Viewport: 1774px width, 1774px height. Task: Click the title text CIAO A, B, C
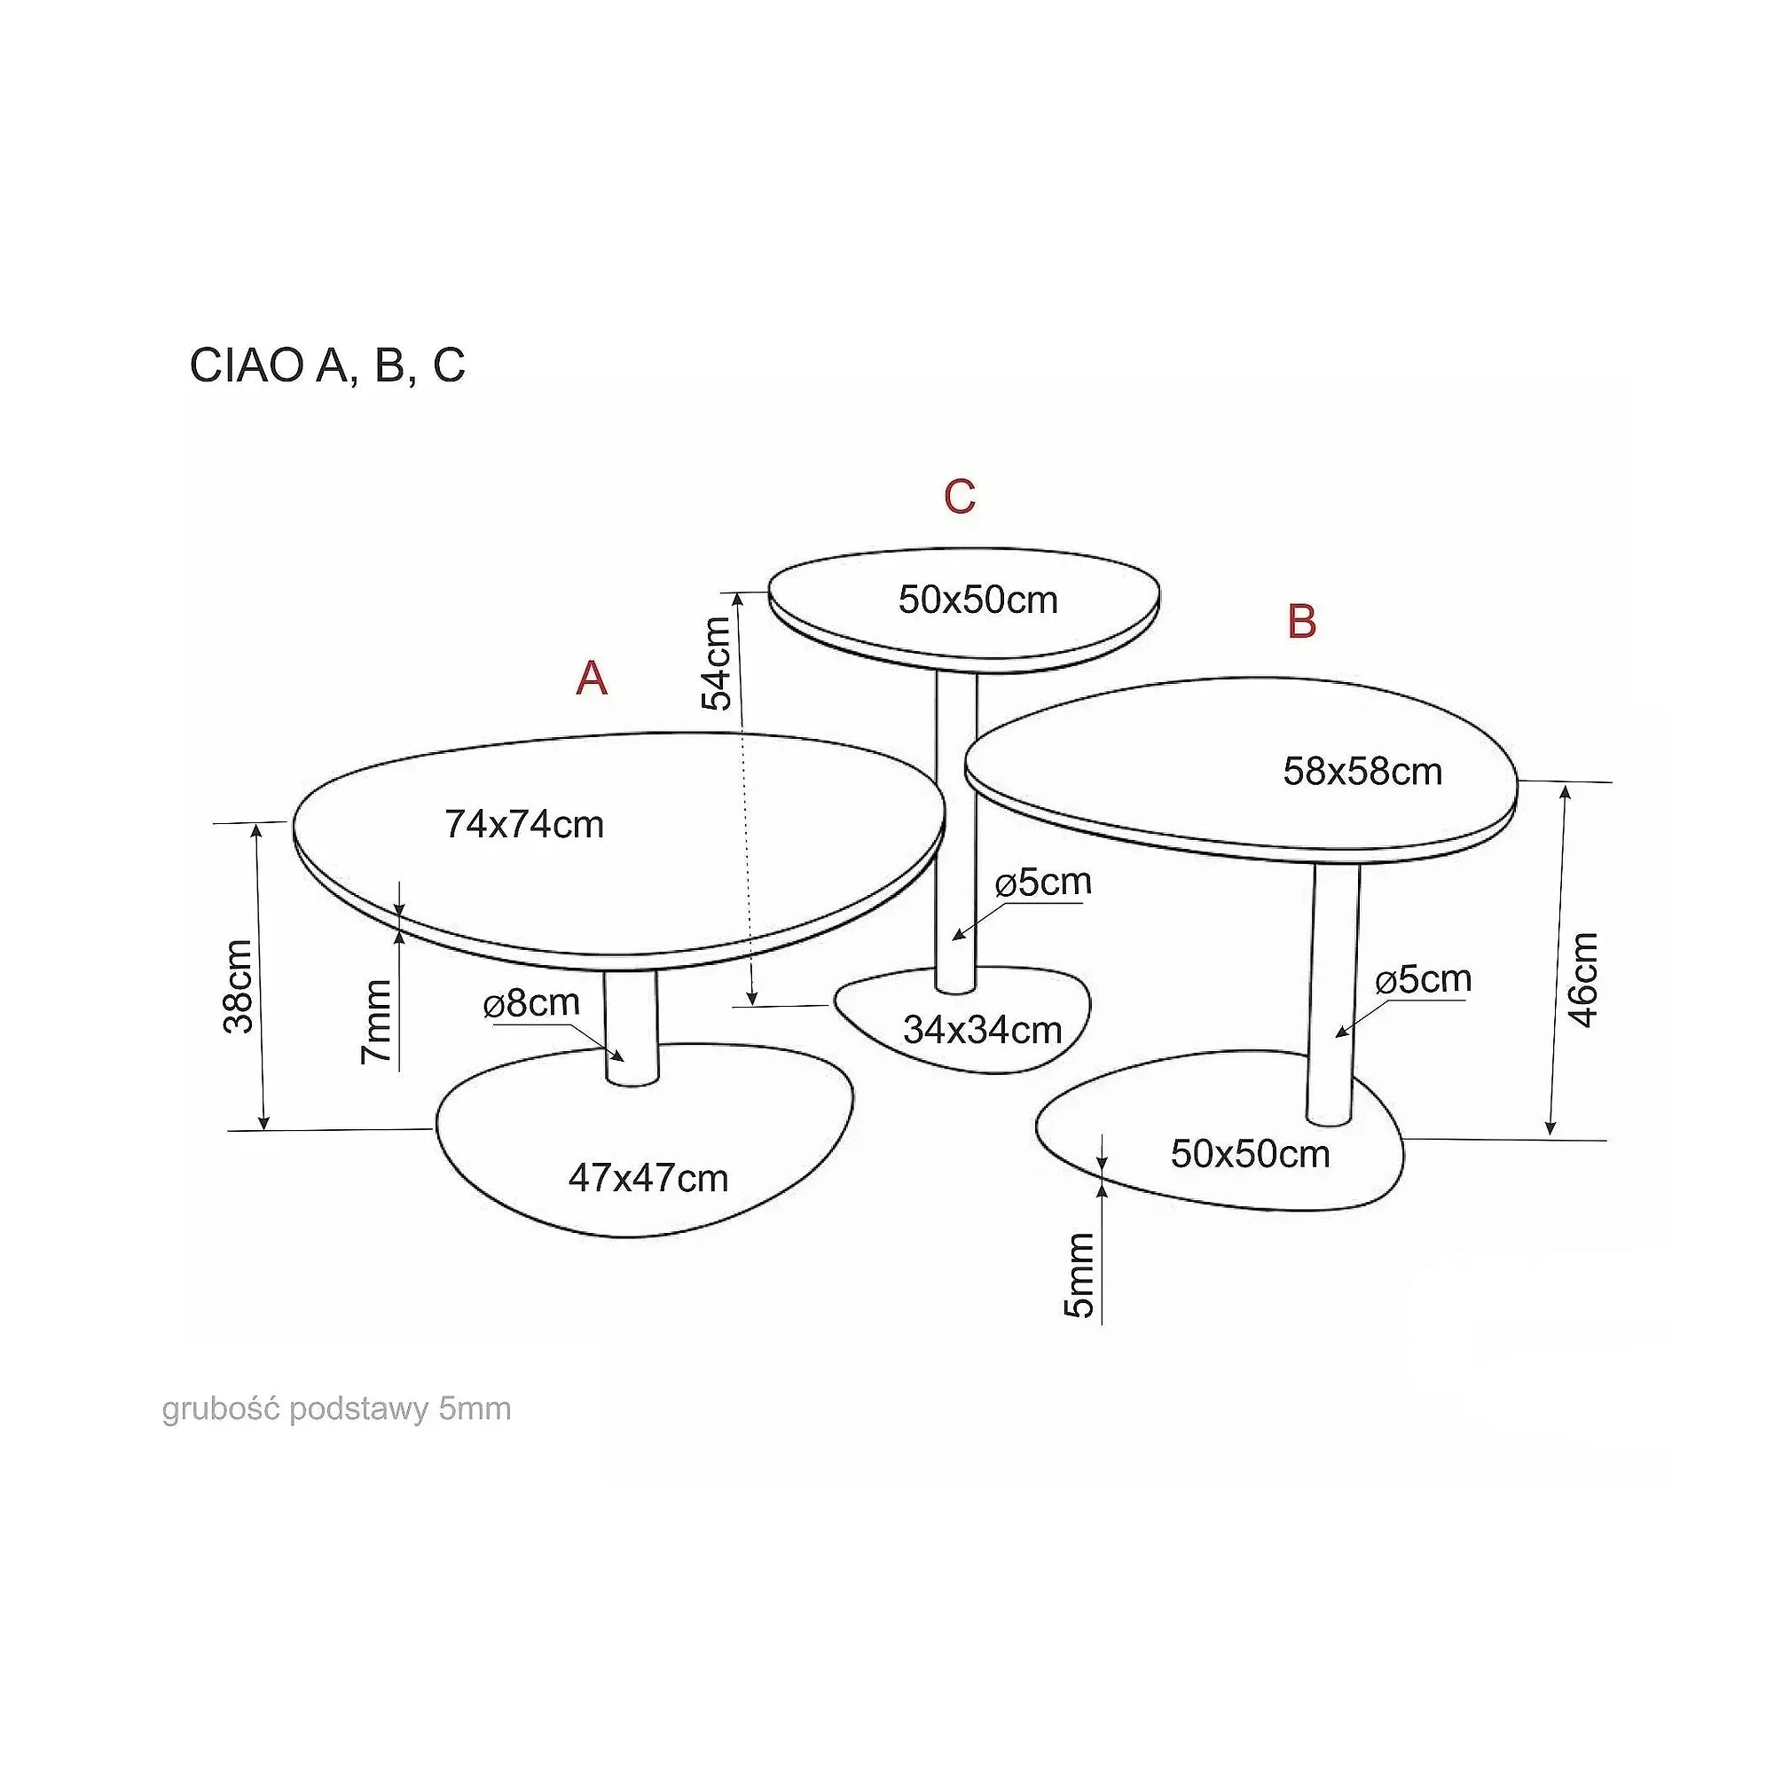(x=327, y=365)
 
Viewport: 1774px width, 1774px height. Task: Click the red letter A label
(x=593, y=679)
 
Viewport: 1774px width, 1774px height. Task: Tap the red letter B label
(x=1302, y=622)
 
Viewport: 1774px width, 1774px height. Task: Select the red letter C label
(x=960, y=497)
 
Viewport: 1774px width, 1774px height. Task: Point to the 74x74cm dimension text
(x=524, y=825)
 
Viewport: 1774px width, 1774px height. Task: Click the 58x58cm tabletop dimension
(x=1362, y=772)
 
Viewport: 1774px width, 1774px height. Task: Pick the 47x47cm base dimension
(x=648, y=1178)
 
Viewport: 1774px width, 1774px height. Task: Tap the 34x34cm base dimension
(x=983, y=1030)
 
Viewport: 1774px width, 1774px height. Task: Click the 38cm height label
(x=238, y=986)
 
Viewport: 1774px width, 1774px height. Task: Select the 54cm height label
(x=717, y=663)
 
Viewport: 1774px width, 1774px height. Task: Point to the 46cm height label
(x=1584, y=979)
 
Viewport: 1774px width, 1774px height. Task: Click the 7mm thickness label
(x=376, y=1022)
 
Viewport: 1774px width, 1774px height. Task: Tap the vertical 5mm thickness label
(x=1079, y=1276)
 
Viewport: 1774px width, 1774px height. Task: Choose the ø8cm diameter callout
(x=531, y=1002)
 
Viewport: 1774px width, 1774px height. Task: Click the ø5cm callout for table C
(x=1044, y=883)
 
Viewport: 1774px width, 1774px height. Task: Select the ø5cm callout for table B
(x=1425, y=980)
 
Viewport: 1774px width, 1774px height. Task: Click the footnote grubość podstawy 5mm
(x=337, y=1409)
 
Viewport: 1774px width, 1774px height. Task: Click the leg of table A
(x=632, y=1026)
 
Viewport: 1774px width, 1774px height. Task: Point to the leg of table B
(x=1333, y=993)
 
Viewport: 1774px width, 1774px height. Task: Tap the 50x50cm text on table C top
(x=977, y=600)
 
